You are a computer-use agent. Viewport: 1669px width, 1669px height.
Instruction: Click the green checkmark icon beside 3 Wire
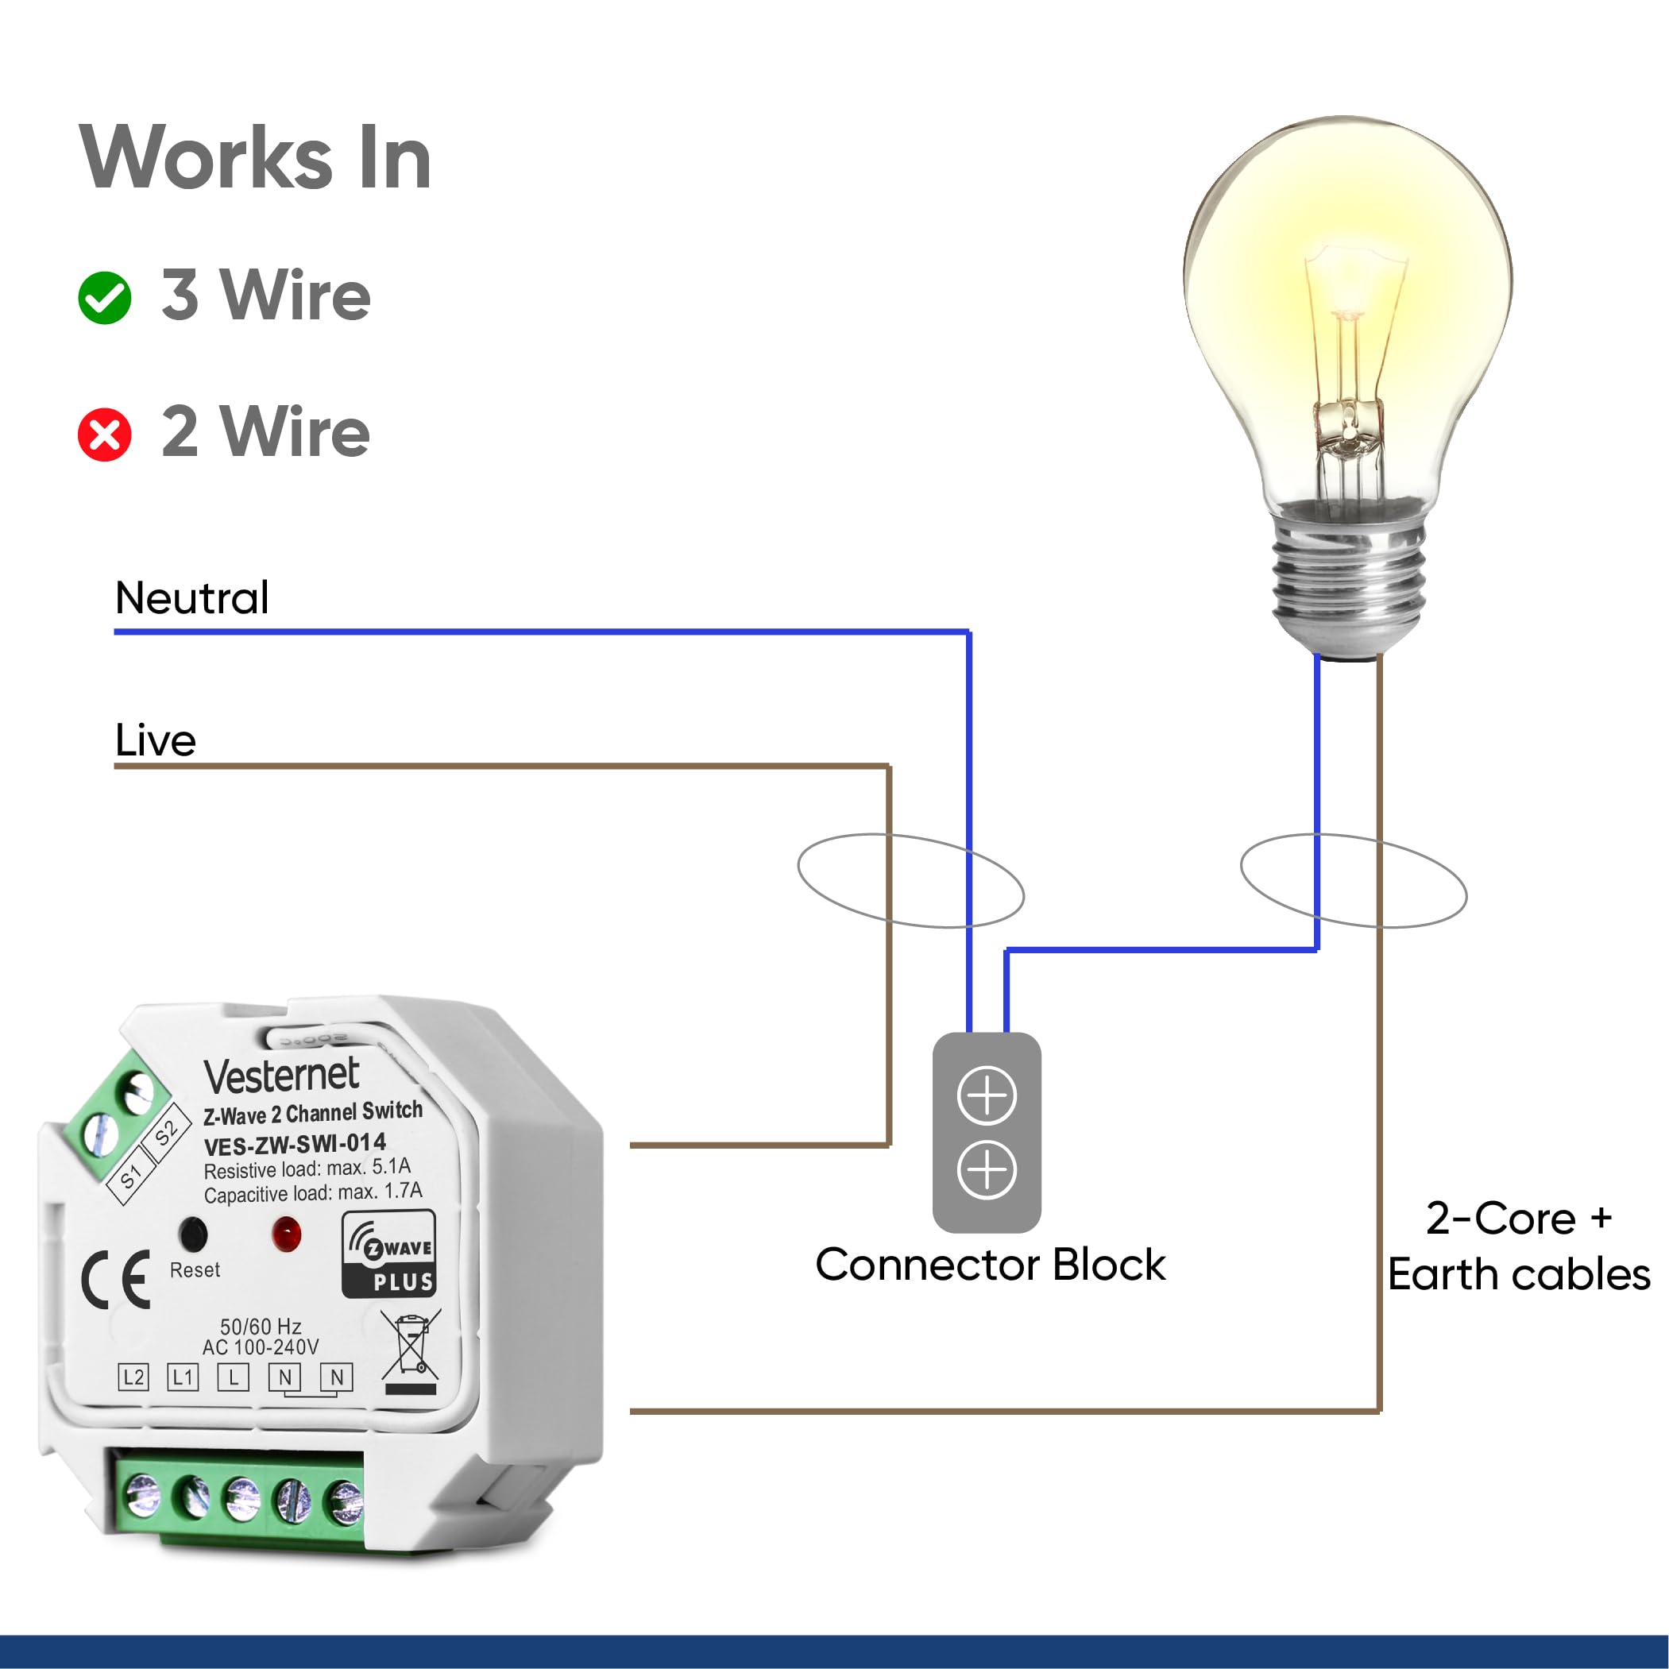coord(105,298)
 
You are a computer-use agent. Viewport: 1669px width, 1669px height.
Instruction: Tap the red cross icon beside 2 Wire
coord(105,435)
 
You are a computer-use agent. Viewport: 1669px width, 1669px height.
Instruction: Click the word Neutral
coord(191,598)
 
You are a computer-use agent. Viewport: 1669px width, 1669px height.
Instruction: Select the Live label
coord(156,740)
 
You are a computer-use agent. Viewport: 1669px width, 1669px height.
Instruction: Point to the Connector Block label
coord(990,1265)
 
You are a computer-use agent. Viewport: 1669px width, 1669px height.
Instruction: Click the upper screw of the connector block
coord(987,1095)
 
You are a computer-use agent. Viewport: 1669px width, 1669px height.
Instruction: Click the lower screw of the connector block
coord(987,1169)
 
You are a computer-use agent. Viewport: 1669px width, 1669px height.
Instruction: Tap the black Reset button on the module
coord(191,1234)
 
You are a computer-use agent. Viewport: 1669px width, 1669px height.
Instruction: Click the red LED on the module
coord(286,1234)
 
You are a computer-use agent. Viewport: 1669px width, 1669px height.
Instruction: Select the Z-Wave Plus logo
coord(388,1254)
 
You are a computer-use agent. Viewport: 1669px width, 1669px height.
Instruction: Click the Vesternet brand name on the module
coord(282,1076)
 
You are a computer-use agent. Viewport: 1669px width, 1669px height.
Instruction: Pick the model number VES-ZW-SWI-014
coord(295,1145)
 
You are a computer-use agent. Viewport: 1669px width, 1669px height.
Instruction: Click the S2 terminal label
coord(165,1131)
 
